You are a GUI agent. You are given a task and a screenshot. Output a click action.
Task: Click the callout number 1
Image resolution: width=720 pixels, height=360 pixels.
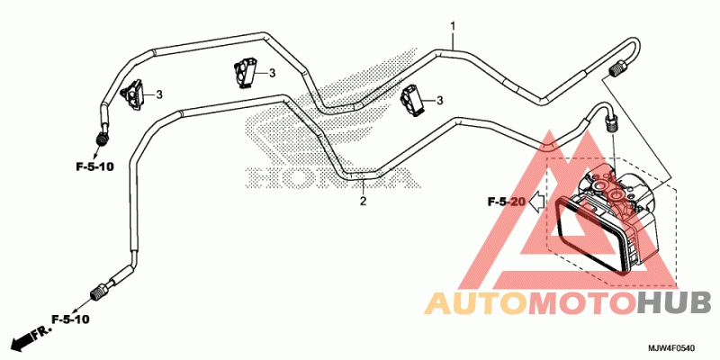[454, 26]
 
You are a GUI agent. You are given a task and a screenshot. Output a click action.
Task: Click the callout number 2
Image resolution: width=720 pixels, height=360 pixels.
[363, 202]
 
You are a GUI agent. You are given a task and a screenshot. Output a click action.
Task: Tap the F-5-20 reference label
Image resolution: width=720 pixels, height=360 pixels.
[506, 202]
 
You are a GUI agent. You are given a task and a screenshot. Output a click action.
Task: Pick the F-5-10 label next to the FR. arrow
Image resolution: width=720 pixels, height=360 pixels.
[69, 319]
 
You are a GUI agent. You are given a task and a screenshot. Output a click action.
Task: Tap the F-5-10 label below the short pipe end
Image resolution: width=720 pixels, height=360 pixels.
[94, 166]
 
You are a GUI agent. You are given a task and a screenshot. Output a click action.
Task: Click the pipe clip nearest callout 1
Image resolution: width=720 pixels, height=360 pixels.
[414, 99]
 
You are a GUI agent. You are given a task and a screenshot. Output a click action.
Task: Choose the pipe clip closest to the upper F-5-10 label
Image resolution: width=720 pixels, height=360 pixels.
[132, 94]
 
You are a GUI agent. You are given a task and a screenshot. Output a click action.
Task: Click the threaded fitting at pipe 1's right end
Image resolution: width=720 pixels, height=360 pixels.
[616, 71]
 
